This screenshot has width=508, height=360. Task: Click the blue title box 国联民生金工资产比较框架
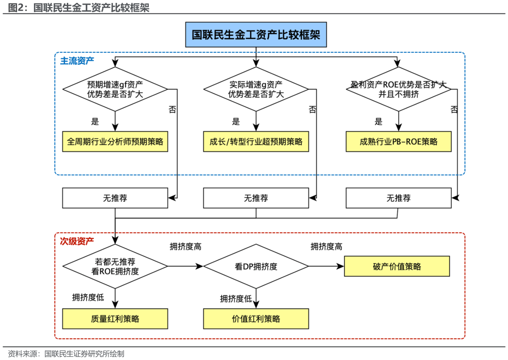tap(256, 35)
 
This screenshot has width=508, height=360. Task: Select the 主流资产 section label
tap(77, 61)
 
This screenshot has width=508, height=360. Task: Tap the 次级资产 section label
tap(77, 240)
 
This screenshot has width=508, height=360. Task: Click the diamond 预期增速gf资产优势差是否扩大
tap(115, 89)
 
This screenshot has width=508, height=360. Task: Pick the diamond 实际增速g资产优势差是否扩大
tap(256, 89)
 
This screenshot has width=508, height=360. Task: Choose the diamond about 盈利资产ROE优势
tap(398, 89)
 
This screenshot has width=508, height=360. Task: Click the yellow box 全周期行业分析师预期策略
tap(115, 142)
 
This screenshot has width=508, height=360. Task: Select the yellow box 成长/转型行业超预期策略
tap(256, 142)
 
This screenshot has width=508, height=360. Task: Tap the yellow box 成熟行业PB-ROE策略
tap(398, 142)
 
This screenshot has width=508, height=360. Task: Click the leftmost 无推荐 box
tap(115, 198)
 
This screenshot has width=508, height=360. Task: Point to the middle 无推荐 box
tap(256, 198)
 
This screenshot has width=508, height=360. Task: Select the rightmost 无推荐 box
tap(398, 198)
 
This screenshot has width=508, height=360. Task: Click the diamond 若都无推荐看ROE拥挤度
tap(115, 267)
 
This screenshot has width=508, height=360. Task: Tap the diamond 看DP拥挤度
tap(256, 267)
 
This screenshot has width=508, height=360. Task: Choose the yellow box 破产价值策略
tap(397, 267)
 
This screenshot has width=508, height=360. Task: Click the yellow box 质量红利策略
tap(115, 319)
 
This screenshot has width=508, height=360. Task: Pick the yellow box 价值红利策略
tap(256, 319)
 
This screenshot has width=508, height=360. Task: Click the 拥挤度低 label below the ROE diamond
tap(88, 297)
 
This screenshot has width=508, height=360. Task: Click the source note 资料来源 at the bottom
tap(66, 354)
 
